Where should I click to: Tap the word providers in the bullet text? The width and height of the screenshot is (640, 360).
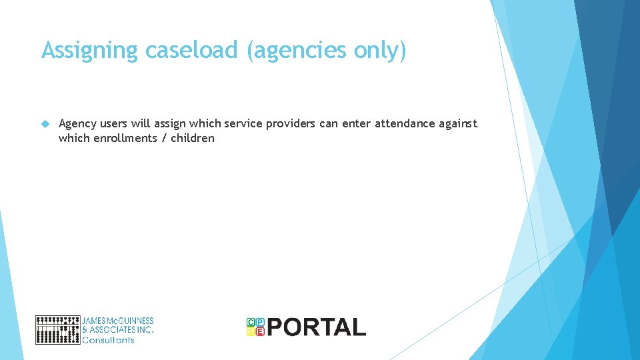291,124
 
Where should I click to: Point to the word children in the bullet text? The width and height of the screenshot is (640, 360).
193,139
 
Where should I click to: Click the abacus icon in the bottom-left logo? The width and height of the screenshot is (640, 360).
57,329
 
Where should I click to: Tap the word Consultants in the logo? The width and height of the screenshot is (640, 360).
108,340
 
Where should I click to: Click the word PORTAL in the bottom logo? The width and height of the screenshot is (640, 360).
317,327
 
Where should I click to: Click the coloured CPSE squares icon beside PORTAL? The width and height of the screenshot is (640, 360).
255,327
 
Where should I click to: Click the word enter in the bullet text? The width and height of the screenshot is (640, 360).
357,124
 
